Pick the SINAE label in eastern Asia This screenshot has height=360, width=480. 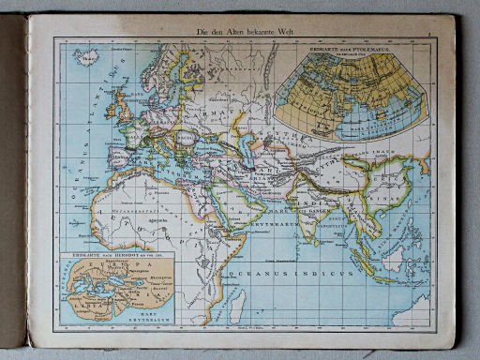tap(384, 198)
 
